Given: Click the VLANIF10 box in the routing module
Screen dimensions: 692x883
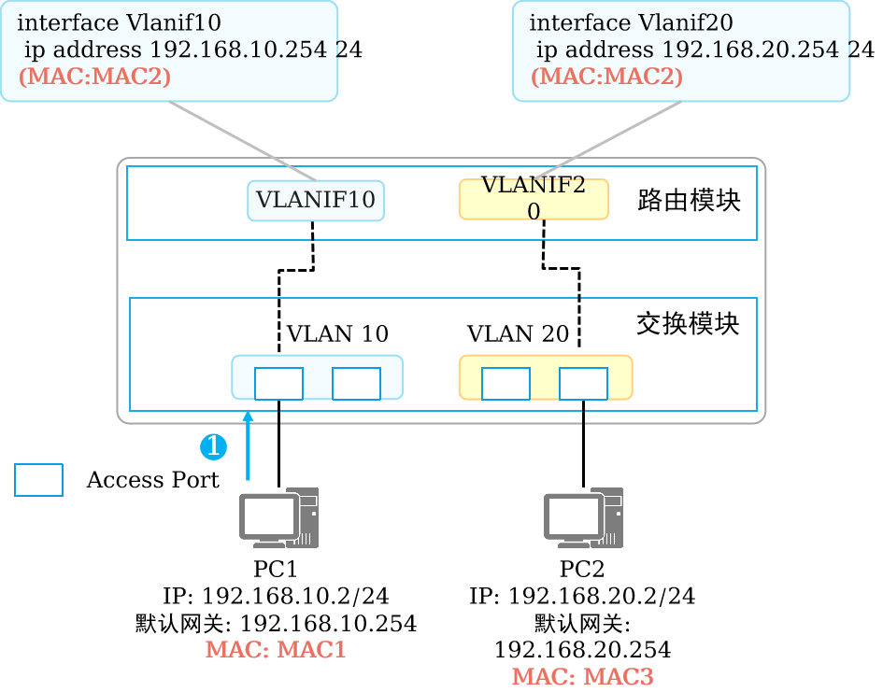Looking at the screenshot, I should coord(316,200).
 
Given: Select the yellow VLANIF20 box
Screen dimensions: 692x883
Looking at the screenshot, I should coord(534,199).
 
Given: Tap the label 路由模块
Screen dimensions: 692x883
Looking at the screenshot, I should coord(689,200).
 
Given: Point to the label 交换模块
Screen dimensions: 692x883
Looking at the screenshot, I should coord(688,324).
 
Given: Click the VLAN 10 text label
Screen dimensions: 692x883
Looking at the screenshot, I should coord(337,333).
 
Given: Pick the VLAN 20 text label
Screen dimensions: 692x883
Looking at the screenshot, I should coord(518,333).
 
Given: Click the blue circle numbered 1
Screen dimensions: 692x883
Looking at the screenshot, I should coord(214,447).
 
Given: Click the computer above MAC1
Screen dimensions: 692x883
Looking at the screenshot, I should coord(278,517).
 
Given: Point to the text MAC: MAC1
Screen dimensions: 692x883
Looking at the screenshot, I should coord(276,649).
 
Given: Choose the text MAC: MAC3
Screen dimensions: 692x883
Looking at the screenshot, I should coord(582,677).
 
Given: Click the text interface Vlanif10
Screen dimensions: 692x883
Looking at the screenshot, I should coord(120,22).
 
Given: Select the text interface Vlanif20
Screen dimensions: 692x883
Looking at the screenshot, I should coord(631,22).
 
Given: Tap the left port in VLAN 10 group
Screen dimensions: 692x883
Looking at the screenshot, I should coord(278,383).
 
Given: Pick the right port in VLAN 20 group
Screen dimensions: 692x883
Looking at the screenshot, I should coord(583,383).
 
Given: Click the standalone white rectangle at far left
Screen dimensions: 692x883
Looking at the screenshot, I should coord(38,479).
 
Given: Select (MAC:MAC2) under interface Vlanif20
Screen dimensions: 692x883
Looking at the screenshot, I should coord(606,76).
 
